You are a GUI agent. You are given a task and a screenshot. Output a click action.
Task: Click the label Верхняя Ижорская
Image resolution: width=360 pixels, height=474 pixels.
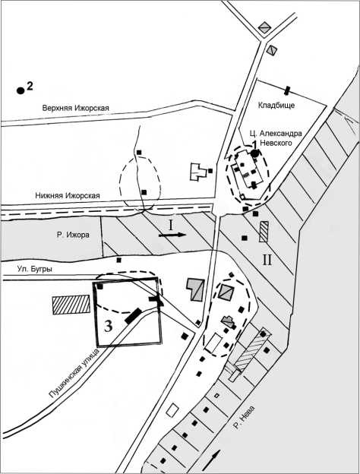click(75, 108)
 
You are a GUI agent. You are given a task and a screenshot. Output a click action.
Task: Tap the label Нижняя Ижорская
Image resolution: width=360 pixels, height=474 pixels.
click(68, 195)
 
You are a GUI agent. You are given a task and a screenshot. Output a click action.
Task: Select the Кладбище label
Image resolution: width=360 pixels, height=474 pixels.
click(276, 106)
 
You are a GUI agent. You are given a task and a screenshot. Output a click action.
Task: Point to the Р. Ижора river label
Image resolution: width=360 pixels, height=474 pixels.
click(73, 235)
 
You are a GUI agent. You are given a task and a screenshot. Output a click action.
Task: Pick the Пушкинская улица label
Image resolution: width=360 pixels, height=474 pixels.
click(74, 373)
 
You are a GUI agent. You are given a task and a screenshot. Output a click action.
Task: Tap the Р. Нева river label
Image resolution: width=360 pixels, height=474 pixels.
click(244, 418)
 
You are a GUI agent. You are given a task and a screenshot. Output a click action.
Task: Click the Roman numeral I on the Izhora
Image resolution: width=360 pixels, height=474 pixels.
click(171, 225)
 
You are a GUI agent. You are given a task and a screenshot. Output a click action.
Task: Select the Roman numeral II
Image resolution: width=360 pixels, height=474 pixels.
click(267, 260)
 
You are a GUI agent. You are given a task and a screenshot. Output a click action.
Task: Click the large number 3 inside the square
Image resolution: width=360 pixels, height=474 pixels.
click(109, 327)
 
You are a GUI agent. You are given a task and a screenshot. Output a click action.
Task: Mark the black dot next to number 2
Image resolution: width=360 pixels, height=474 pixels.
click(21, 90)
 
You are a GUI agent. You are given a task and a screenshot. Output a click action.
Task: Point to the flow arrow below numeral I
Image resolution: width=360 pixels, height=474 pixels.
click(172, 235)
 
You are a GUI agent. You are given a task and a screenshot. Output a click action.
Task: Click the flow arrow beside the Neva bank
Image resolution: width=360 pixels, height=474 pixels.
click(213, 459)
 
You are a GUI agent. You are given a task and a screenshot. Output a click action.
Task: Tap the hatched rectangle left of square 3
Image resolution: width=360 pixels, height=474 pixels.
click(71, 305)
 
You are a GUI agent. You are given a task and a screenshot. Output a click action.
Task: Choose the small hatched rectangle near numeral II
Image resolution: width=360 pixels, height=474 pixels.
click(264, 232)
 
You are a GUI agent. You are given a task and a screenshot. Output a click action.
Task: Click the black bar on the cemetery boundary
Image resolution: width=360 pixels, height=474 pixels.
click(287, 90)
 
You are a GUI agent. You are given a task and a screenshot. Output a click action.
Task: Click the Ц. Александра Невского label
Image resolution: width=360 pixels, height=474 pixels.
click(276, 137)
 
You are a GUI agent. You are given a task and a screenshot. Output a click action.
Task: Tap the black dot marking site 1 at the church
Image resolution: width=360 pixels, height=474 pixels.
click(255, 153)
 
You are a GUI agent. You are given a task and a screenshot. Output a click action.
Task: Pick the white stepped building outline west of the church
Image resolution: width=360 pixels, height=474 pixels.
click(198, 172)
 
